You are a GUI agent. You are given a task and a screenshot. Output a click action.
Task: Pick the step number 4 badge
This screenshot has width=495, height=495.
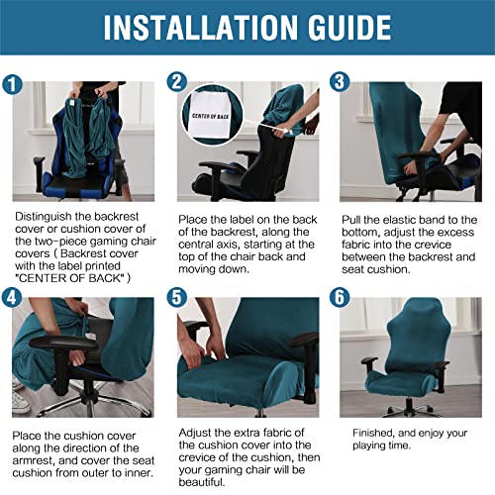[12, 295]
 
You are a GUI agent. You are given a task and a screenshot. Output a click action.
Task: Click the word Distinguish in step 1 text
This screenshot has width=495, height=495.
[42, 213]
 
